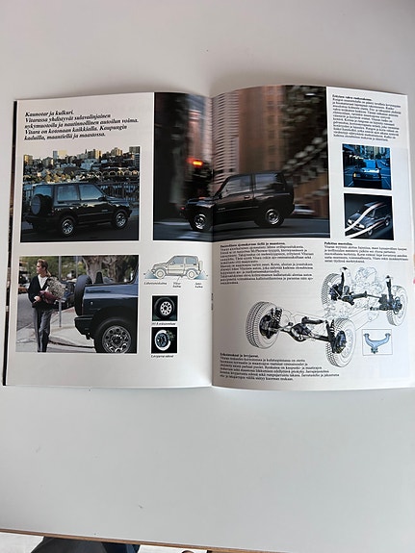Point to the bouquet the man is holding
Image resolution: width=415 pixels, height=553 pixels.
point(53,289)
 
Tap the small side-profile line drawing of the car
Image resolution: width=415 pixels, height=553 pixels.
point(174,267)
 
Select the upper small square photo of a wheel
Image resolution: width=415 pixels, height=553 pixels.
point(164,308)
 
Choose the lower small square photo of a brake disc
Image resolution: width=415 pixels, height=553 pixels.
point(164,339)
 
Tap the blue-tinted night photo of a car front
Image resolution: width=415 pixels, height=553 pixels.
point(367,166)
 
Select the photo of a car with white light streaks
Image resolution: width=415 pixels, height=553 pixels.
point(368,216)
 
